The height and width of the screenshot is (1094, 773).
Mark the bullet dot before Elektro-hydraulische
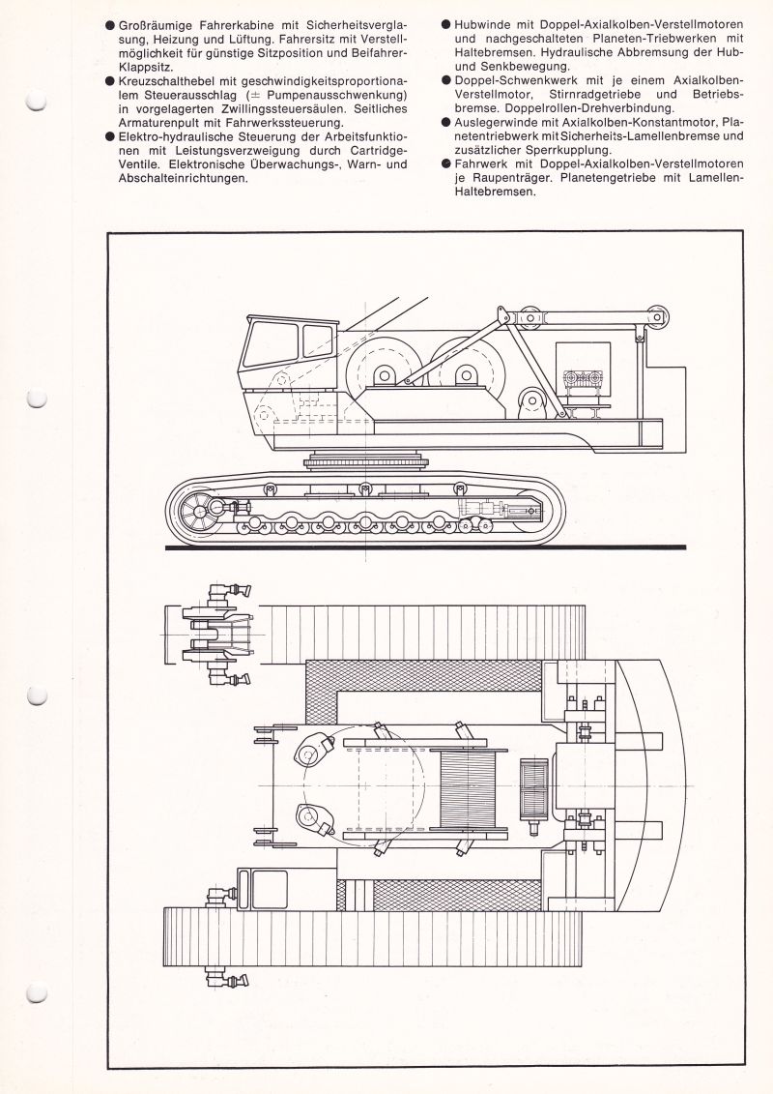(x=110, y=136)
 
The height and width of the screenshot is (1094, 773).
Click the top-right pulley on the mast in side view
(x=661, y=314)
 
